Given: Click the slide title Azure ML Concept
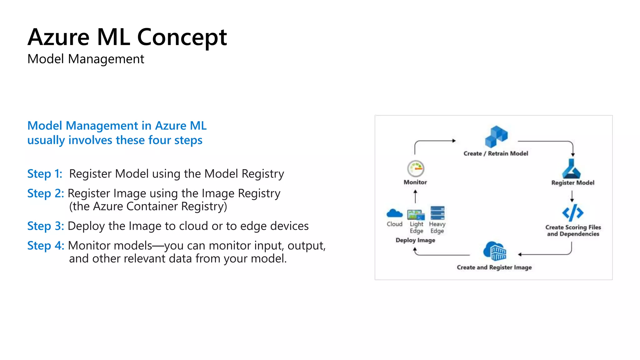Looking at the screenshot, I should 127,37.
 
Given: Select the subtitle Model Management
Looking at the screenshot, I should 86,59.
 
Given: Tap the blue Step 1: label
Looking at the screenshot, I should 45,174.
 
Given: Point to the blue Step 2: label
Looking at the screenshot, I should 46,193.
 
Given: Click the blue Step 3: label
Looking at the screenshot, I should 46,226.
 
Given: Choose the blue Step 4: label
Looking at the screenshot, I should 46,246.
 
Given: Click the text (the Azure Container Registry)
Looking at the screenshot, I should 148,207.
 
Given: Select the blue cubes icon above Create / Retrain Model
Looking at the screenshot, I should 496,137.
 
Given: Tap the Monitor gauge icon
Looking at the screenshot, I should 416,169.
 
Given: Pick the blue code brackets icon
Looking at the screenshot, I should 572,213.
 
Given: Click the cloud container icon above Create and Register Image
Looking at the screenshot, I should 495,251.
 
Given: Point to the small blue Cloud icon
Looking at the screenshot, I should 394,213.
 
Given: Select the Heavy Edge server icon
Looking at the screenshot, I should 437,213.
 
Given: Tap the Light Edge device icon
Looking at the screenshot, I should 416,215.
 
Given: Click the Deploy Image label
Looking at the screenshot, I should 415,240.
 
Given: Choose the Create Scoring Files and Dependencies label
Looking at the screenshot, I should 573,231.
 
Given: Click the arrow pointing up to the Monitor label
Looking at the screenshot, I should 415,196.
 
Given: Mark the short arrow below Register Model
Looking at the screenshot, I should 572,196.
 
